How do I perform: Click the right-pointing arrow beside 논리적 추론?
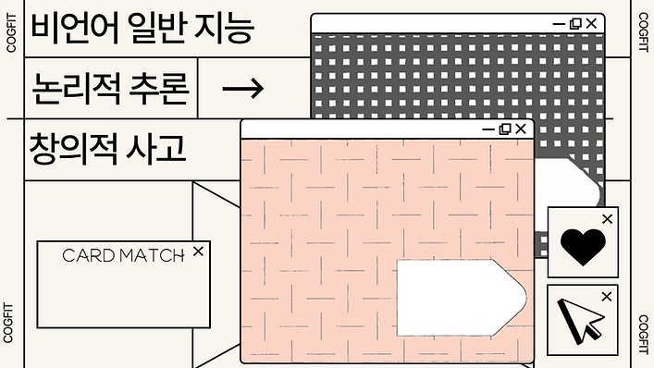point(244,89)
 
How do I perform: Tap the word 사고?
point(159,147)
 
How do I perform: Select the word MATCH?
point(152,256)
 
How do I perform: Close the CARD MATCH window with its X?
point(197,251)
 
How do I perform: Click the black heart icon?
point(584,246)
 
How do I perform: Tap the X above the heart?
point(607,219)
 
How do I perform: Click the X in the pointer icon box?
point(607,297)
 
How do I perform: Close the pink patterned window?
point(521,129)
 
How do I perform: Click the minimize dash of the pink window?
point(488,129)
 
